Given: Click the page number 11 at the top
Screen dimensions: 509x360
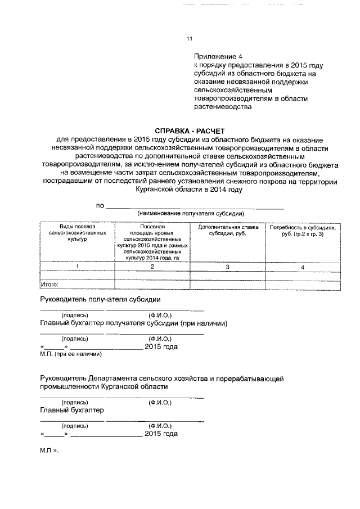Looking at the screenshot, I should coord(189,39).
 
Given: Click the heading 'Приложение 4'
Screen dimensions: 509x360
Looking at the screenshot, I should coord(218,57).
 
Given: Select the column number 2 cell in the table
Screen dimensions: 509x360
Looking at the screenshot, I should coord(152,267).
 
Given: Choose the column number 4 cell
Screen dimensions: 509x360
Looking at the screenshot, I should coord(303,267).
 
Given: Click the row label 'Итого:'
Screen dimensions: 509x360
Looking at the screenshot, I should coord(51,285).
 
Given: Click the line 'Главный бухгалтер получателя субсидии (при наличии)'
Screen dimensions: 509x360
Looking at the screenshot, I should coord(133,324).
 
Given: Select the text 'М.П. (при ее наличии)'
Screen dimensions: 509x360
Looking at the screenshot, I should coord(71,355).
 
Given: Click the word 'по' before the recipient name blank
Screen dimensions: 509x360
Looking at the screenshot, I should coord(100,206).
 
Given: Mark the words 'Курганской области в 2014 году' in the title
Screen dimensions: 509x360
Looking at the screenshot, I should coord(188,190).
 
